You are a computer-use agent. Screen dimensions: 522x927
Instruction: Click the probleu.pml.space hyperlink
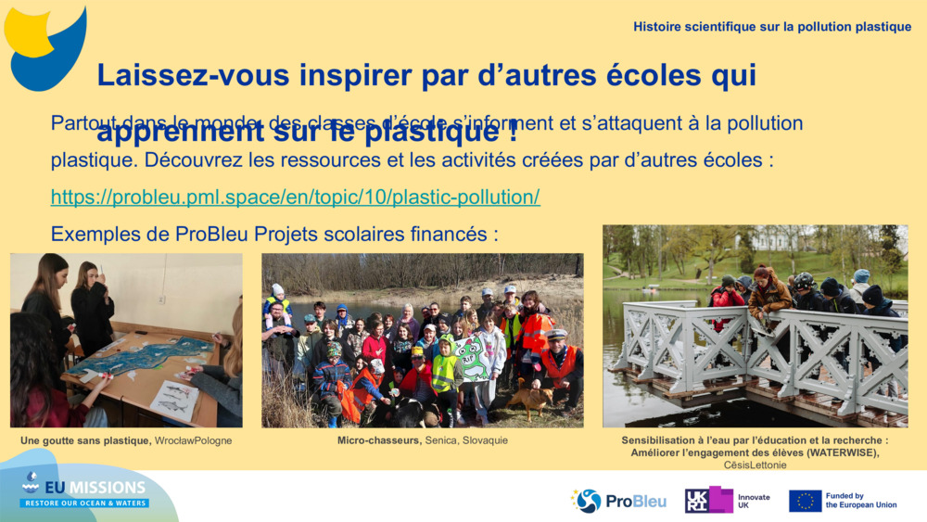pos(295,197)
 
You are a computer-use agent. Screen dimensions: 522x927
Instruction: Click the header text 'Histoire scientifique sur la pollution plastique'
pos(772,27)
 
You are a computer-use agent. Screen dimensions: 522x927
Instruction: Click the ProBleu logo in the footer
pos(618,501)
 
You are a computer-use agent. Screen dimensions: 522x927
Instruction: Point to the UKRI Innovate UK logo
pos(727,501)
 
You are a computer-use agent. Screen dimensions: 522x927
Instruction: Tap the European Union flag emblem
pos(805,501)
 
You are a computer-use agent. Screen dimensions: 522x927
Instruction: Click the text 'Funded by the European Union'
pos(860,501)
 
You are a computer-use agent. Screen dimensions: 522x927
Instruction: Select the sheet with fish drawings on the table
pos(175,400)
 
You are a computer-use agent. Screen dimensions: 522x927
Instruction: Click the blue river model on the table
pos(148,357)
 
